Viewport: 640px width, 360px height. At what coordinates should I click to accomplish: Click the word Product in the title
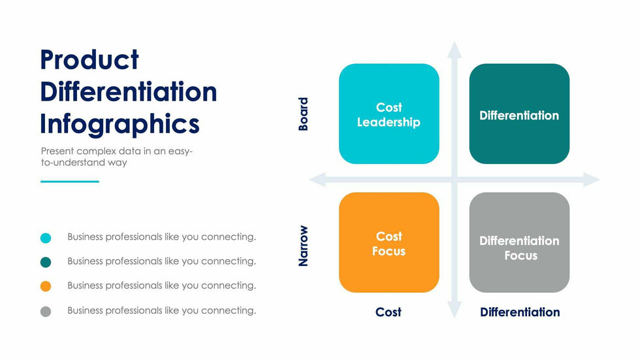click(89, 60)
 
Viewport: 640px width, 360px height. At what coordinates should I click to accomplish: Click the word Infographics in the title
click(120, 123)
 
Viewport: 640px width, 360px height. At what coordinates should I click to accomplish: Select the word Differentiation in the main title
click(128, 91)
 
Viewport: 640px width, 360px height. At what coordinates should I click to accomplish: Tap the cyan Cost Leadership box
click(389, 114)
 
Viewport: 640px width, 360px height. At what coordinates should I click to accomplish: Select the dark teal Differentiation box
click(519, 114)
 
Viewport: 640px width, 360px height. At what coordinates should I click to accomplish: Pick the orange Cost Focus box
click(389, 242)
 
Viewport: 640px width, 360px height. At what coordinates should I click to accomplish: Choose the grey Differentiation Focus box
click(519, 242)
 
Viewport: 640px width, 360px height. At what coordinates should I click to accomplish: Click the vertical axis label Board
click(303, 114)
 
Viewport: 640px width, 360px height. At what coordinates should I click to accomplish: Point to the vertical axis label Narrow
click(303, 246)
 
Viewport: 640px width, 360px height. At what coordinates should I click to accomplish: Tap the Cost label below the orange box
click(388, 312)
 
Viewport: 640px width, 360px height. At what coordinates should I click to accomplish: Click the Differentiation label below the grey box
click(520, 312)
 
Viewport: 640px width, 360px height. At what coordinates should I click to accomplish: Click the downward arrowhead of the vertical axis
click(455, 311)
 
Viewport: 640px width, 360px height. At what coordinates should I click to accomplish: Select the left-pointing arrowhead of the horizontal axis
click(317, 179)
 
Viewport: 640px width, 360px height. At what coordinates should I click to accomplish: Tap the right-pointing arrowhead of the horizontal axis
click(592, 179)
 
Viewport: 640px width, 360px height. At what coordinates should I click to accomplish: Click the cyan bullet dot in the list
click(46, 238)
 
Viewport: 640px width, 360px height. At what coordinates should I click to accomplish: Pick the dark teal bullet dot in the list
click(46, 262)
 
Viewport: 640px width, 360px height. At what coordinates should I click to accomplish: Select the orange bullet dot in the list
click(46, 286)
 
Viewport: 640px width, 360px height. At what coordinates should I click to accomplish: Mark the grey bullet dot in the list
click(46, 312)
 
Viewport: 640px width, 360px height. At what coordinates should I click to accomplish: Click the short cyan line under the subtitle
click(70, 182)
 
